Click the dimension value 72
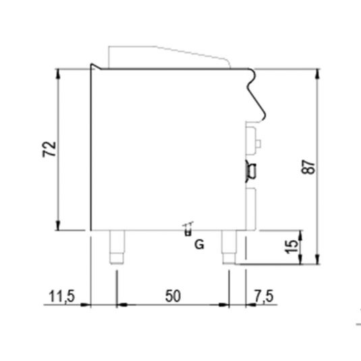tap(49, 149)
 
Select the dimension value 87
tap(308, 167)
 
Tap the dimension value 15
tap(291, 246)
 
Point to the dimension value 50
tap(173, 296)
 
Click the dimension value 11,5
tap(61, 296)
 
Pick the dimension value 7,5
tap(264, 296)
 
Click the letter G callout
tap(199, 244)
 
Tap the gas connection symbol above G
tap(188, 229)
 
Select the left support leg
tap(117, 247)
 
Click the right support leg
tap(229, 247)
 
